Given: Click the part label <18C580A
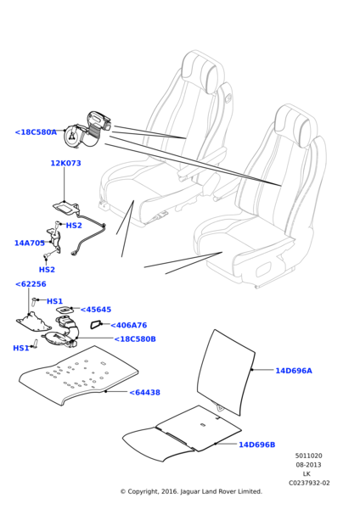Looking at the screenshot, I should (x=36, y=132).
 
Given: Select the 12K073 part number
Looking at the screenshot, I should (x=65, y=164).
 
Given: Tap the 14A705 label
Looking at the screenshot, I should (x=30, y=243).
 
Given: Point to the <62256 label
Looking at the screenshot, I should (x=31, y=284).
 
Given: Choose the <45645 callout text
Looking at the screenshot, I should (x=96, y=310).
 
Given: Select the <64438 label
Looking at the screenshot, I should (x=144, y=393).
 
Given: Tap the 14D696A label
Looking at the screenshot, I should (x=293, y=371).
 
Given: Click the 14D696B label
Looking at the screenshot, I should (x=256, y=445).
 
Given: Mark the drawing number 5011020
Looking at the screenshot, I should (x=308, y=456).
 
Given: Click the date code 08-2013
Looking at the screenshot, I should (x=308, y=465).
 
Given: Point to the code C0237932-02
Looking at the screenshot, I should (x=308, y=483).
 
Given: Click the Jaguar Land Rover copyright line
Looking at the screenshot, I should (x=191, y=491).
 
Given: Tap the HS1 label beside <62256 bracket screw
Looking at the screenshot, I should (x=54, y=301).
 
